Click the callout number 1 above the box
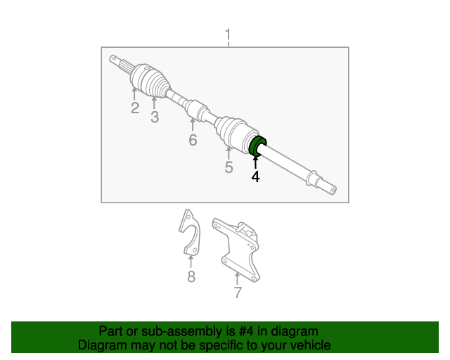228,35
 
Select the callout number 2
135,108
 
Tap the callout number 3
155,117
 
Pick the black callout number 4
255,176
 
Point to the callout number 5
229,167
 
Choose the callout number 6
193,140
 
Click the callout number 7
238,292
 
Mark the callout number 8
191,276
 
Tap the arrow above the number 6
192,124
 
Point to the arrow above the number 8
191,262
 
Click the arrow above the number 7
237,278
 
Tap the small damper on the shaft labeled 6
196,109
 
